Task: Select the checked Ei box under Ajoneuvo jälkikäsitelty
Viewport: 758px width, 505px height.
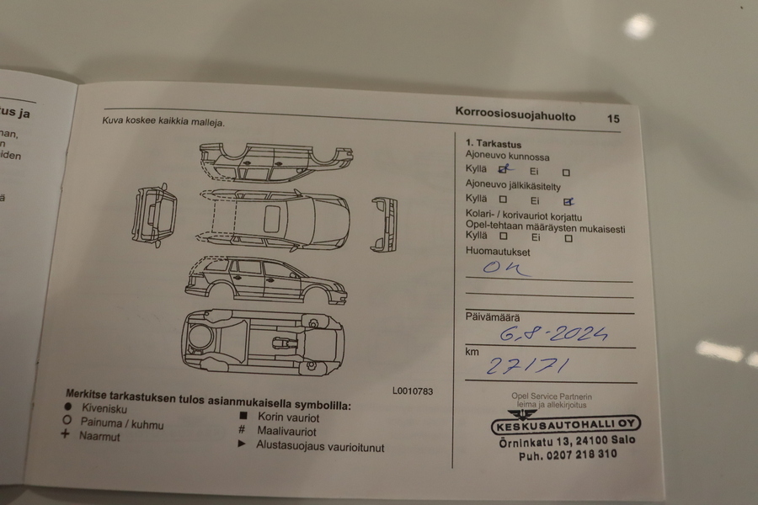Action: tap(568, 201)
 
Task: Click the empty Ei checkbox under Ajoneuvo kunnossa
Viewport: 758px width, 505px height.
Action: tap(566, 173)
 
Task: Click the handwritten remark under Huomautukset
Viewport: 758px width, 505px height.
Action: tap(505, 268)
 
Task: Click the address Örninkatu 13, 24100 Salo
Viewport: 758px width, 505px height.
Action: tap(566, 441)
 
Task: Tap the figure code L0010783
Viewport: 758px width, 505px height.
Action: tap(412, 391)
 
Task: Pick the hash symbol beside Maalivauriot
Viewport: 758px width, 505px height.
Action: tap(242, 429)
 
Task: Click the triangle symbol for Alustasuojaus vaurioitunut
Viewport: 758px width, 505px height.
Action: tap(242, 444)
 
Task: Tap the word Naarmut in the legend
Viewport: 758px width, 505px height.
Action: tap(99, 437)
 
